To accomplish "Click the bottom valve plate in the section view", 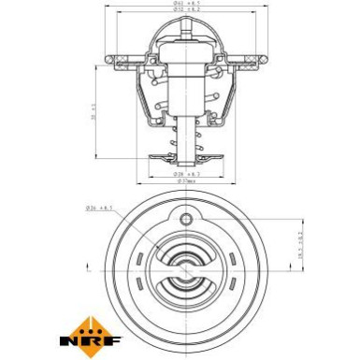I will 186,157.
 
